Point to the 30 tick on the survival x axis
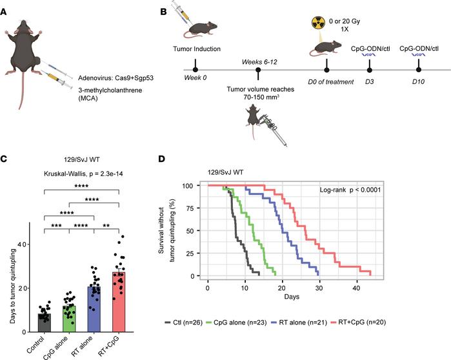click(x=318, y=286)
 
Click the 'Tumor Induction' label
click(x=194, y=48)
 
